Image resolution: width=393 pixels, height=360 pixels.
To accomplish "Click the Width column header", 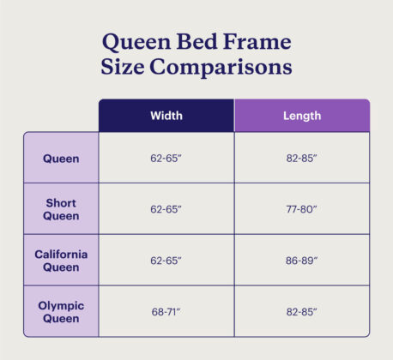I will (166, 116).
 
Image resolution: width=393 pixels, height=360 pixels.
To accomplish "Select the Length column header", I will (301, 116).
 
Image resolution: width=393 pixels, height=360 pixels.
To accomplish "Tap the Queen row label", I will (61, 159).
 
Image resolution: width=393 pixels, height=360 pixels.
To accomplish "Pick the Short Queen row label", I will (61, 209).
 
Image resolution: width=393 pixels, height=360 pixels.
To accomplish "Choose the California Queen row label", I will (61, 261).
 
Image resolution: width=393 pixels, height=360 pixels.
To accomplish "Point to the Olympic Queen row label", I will (61, 311).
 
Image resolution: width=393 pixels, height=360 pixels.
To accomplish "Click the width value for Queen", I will (166, 159).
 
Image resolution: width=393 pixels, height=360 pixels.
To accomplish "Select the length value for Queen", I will (301, 159).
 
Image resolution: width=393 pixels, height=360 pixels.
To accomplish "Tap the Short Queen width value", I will (166, 209).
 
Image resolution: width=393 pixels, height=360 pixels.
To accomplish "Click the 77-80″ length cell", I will (301, 209).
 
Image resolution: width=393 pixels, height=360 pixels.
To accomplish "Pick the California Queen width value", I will (166, 261).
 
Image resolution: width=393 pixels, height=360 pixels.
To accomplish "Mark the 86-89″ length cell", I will (301, 261).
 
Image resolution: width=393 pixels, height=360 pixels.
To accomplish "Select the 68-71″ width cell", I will (166, 311).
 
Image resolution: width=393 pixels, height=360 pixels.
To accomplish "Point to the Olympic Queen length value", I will (301, 311).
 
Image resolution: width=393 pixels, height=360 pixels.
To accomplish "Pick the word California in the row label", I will (61, 255).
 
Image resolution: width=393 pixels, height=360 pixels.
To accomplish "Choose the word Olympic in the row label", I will (61, 305).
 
